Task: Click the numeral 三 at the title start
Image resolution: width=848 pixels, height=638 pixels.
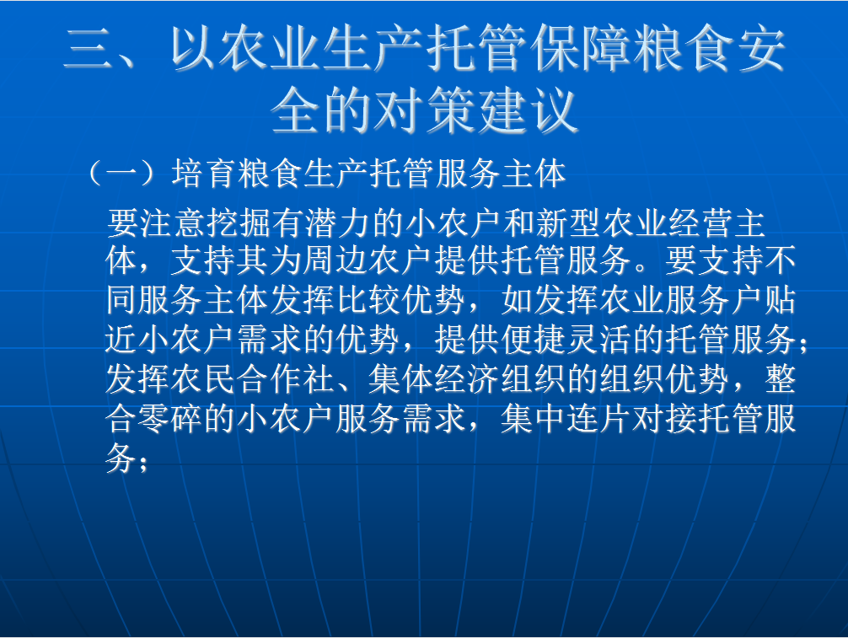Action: (x=89, y=49)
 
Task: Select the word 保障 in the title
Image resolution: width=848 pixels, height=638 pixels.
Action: (x=582, y=49)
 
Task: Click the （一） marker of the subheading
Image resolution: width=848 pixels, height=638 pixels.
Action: (x=122, y=174)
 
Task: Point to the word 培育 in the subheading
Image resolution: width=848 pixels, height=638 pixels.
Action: (x=204, y=174)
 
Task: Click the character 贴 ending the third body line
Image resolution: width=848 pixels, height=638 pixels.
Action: (x=781, y=300)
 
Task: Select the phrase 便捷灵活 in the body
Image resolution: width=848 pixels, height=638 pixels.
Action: (x=567, y=340)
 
